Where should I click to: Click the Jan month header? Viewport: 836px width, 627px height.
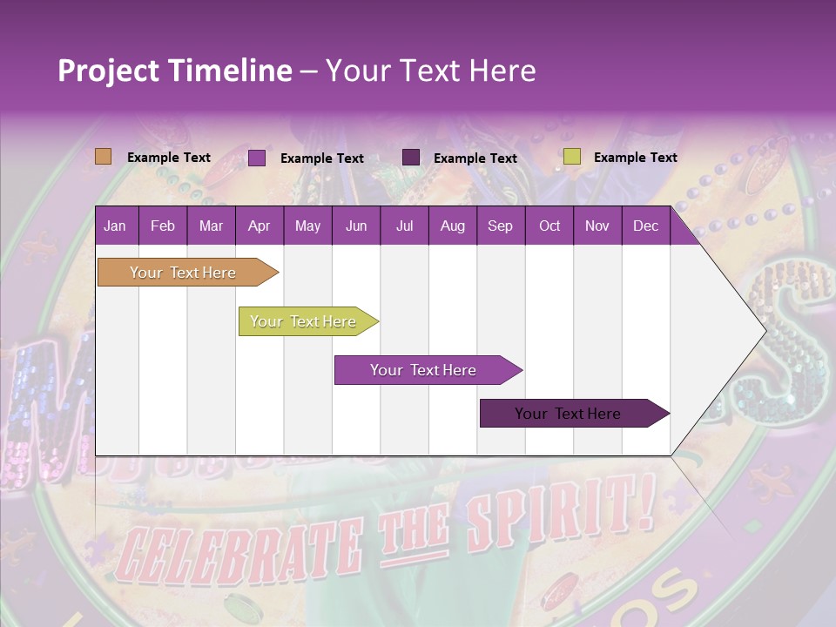115,226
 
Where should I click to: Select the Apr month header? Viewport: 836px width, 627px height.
259,226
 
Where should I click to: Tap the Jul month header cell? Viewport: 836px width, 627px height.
404,226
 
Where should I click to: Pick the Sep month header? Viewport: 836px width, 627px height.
500,226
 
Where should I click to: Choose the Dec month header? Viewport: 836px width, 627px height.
645,226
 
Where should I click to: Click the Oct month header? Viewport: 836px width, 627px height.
549,226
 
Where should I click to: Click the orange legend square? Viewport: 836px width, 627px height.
103,157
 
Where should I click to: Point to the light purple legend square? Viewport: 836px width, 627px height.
257,158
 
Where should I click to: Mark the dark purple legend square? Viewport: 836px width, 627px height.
411,157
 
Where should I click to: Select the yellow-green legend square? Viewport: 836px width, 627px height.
571,157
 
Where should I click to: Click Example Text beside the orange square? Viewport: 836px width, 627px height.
169,158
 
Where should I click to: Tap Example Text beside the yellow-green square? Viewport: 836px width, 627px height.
635,158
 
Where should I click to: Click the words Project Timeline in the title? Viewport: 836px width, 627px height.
174,71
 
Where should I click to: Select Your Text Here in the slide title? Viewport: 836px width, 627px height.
430,71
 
